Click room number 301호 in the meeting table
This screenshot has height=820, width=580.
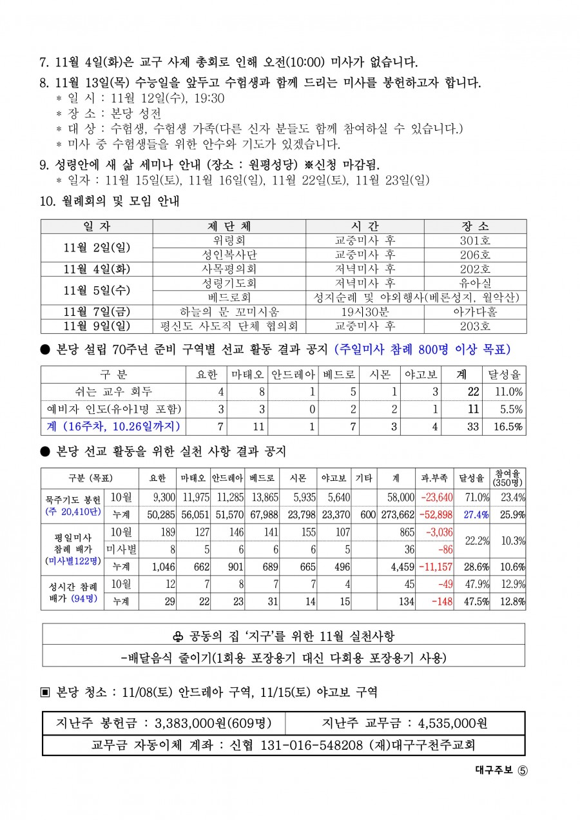pyautogui.click(x=476, y=240)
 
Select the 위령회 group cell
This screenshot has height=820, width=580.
pyautogui.click(x=229, y=240)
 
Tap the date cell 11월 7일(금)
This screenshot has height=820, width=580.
pyautogui.click(x=97, y=312)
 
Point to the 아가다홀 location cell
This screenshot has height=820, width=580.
pyautogui.click(x=476, y=312)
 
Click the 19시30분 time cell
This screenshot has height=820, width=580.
pyautogui.click(x=365, y=312)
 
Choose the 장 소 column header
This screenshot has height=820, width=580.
pyautogui.click(x=476, y=226)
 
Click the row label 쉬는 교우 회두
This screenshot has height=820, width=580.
pyautogui.click(x=113, y=392)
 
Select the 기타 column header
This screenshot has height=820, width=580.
pyautogui.click(x=364, y=478)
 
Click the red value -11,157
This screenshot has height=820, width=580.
pyautogui.click(x=434, y=567)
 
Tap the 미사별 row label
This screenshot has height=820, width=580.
pyautogui.click(x=121, y=549)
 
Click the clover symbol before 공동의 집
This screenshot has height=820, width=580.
pyautogui.click(x=178, y=636)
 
